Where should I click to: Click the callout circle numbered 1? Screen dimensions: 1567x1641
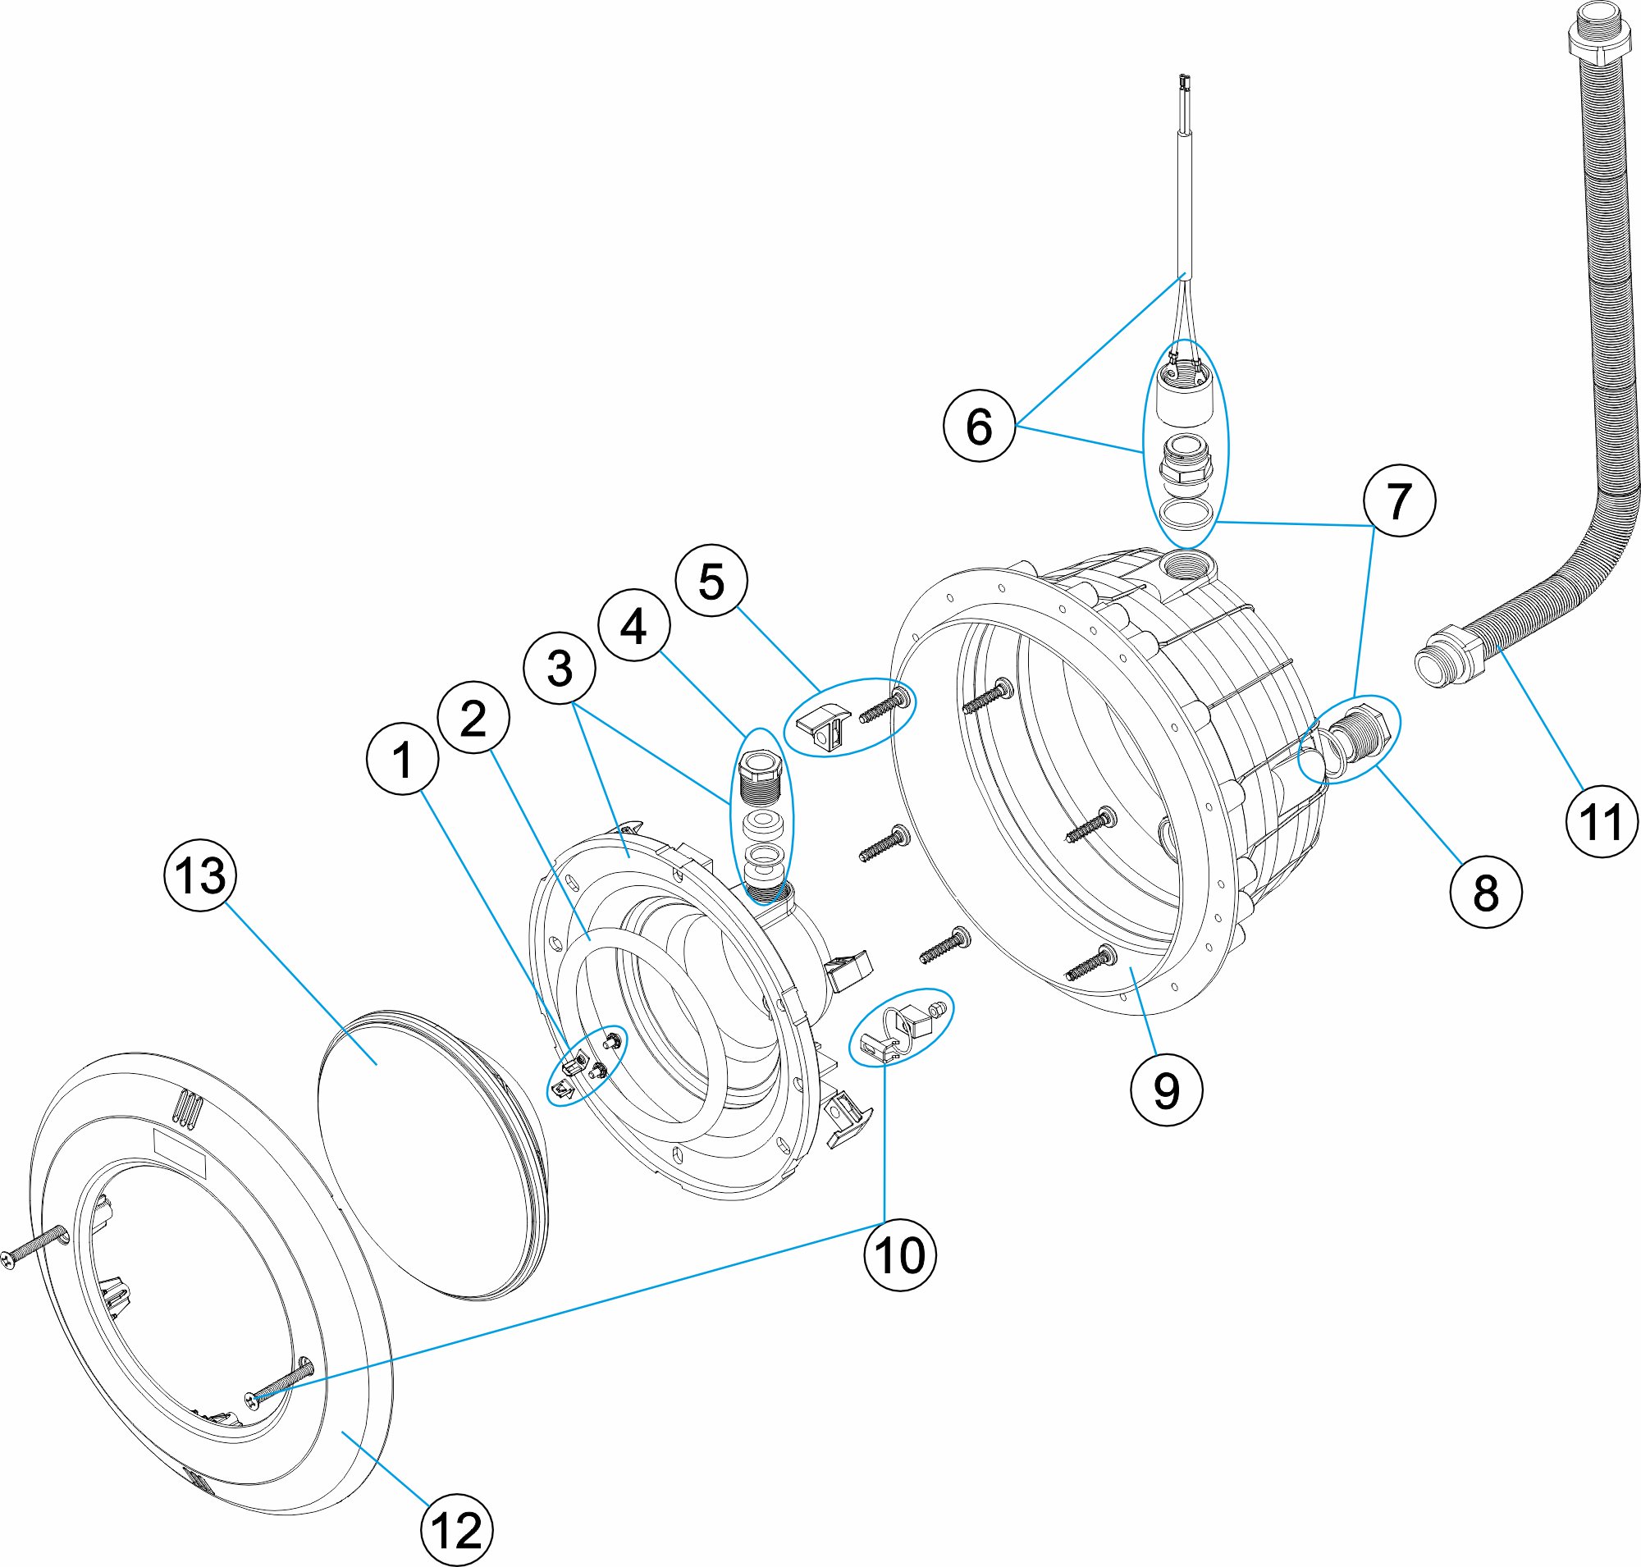pos(402,758)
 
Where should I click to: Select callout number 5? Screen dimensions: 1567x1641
pos(711,581)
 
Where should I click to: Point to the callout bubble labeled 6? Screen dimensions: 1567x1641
pos(979,425)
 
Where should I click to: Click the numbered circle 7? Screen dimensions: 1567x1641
pos(1400,500)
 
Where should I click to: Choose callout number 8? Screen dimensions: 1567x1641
pos(1486,892)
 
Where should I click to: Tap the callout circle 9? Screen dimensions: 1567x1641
pos(1167,1090)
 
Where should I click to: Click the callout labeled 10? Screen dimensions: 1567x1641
pos(900,1254)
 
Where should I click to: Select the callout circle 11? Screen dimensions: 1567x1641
pos(1602,821)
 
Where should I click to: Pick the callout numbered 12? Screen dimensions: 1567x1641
pos(456,1529)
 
